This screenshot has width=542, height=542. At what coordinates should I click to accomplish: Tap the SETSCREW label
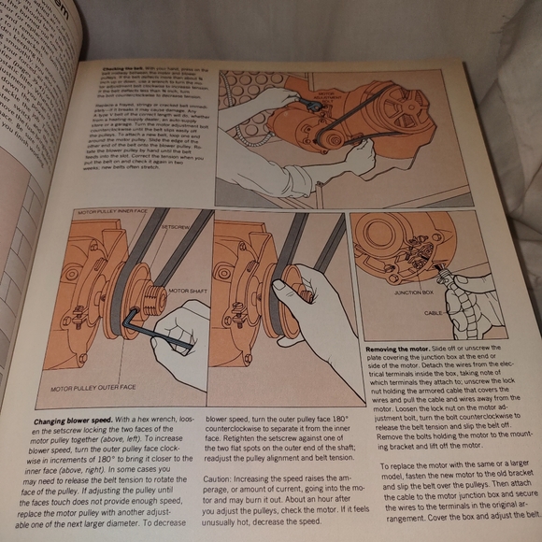(178, 227)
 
